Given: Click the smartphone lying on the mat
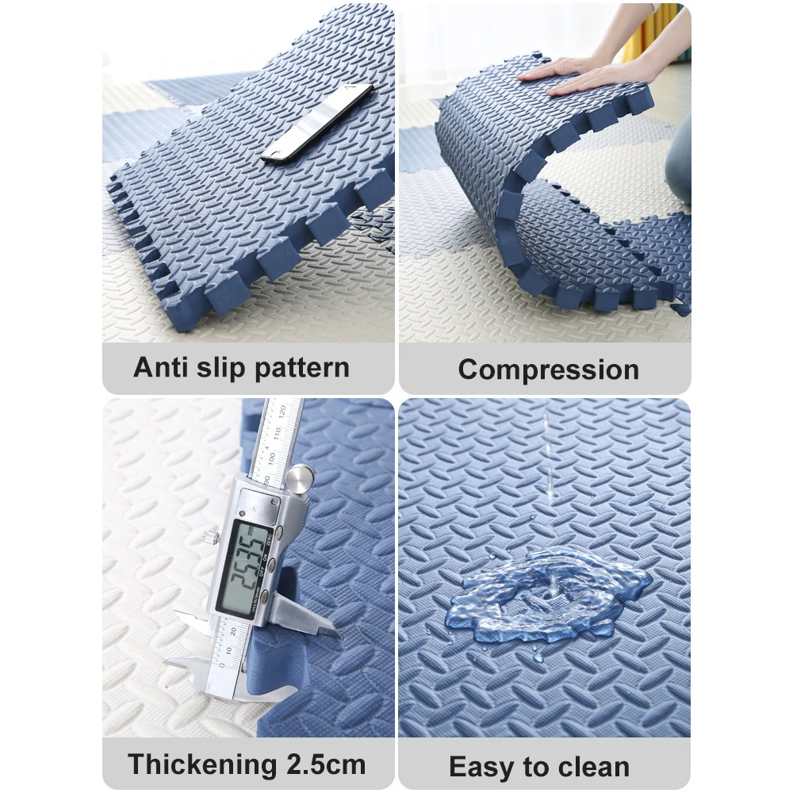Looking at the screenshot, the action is [317, 123].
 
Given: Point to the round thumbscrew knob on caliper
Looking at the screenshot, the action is [300, 478].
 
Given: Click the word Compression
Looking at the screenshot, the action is [549, 370].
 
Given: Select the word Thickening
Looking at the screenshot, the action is [201, 764].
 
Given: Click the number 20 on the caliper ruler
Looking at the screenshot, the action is [233, 631].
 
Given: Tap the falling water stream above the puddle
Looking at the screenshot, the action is [548, 455].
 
